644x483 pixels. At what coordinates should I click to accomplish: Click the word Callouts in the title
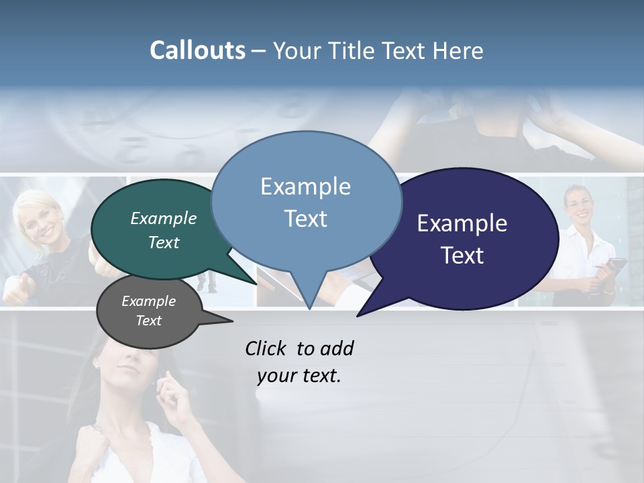197,50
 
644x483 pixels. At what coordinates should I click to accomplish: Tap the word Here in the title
458,50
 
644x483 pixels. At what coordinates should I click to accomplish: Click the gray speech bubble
149,311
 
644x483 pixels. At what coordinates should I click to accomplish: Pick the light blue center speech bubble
306,201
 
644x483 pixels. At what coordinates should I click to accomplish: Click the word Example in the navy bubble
462,223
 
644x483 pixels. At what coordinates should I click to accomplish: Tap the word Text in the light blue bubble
306,219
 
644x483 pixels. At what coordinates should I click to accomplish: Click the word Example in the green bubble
164,218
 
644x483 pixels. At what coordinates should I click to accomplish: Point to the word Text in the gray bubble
149,321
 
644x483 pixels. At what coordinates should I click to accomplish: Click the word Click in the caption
266,348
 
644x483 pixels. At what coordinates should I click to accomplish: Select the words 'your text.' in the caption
299,376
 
